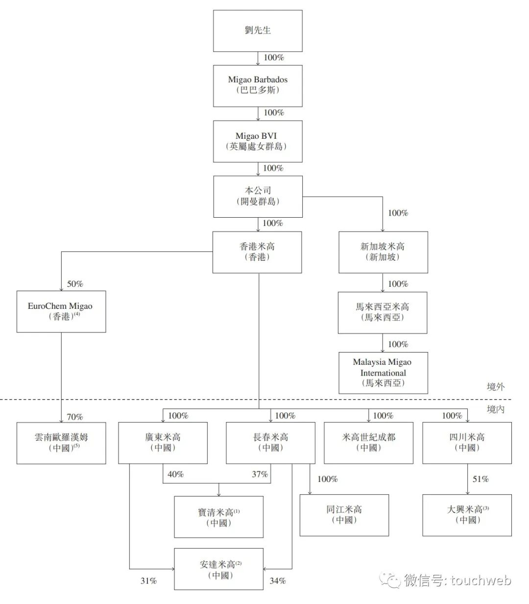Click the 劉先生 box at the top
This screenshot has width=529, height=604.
click(x=258, y=30)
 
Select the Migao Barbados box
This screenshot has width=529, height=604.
click(x=258, y=85)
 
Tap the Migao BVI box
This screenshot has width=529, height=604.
click(x=258, y=141)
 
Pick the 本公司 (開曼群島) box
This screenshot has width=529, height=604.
click(x=258, y=196)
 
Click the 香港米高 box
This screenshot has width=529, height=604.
click(x=257, y=252)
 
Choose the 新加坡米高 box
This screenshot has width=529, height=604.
click(x=383, y=252)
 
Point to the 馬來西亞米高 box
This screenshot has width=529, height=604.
click(x=382, y=312)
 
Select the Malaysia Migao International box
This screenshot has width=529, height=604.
click(x=383, y=373)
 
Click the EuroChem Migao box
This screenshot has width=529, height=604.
click(x=61, y=311)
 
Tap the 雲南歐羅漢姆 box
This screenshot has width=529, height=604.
click(x=61, y=443)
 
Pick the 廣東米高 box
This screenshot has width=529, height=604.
click(x=163, y=443)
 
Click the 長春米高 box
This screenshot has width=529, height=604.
click(x=270, y=443)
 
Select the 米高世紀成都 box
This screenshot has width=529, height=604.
click(x=368, y=443)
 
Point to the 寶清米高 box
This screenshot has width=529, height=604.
click(x=218, y=517)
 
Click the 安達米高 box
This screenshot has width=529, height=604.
click(x=219, y=569)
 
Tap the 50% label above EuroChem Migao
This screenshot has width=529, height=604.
click(x=75, y=284)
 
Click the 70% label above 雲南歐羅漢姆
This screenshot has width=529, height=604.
click(x=75, y=417)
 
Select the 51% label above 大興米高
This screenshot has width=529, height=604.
click(x=481, y=479)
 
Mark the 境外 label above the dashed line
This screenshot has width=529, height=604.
click(x=495, y=387)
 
